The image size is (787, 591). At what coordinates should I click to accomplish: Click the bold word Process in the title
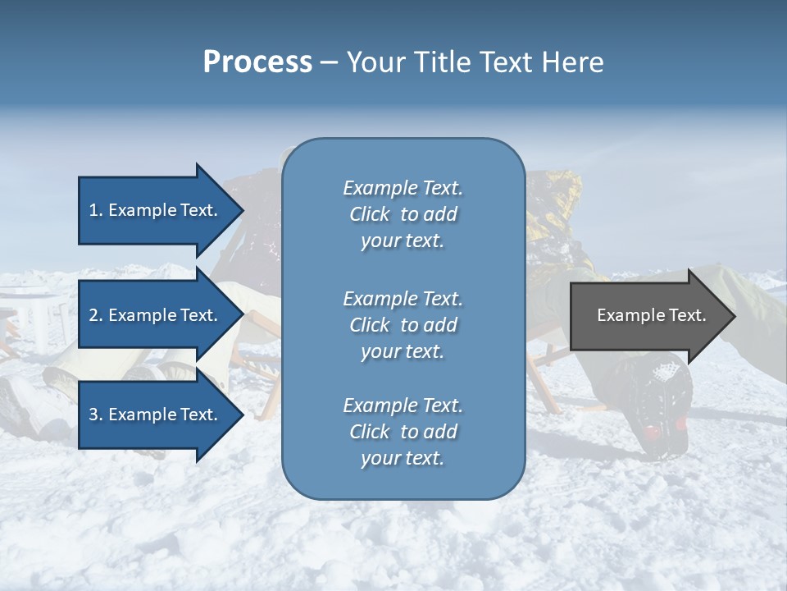pos(257,62)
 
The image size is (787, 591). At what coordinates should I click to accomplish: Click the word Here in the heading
pos(572,62)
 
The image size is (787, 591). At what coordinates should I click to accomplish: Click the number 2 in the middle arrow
pos(93,315)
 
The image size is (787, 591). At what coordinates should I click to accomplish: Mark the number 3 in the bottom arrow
pos(93,415)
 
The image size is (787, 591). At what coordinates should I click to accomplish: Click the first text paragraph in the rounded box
pos(403,214)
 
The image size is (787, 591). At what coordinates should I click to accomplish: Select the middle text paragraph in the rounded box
pos(403,325)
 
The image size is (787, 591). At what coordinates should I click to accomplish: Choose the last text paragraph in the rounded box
pos(403,432)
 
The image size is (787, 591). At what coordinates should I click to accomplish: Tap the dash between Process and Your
pos(330,63)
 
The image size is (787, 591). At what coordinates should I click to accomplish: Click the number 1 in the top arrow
pos(93,210)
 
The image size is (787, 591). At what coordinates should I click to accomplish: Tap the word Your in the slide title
pos(373,62)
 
